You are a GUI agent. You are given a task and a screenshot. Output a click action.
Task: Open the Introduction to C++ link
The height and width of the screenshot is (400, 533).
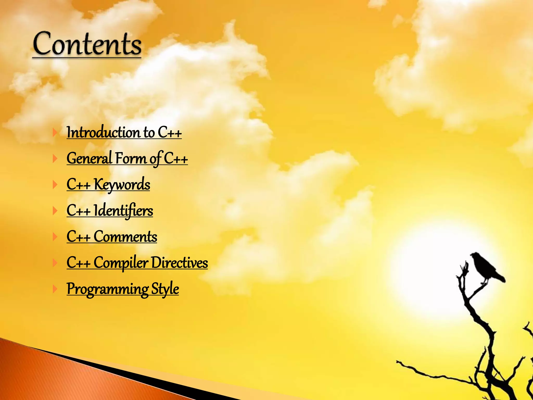pos(124,132)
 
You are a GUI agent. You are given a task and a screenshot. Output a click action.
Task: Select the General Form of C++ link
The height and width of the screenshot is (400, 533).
pos(127,158)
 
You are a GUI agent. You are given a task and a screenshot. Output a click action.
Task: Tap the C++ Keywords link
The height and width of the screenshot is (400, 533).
pos(108,184)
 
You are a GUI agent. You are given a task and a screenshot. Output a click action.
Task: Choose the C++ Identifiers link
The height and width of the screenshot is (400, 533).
pos(110,210)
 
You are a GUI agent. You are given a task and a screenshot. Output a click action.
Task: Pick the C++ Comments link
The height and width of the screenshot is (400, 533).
pos(112,236)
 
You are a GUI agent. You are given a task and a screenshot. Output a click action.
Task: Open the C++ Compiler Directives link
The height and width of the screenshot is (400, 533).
pos(137,262)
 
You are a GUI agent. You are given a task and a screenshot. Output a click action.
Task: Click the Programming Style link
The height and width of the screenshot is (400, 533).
pos(123,289)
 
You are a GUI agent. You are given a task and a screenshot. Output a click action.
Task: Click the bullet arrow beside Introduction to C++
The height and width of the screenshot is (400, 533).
pos(55,133)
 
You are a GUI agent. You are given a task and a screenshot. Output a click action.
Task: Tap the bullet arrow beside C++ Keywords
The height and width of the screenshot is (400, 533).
pos(55,185)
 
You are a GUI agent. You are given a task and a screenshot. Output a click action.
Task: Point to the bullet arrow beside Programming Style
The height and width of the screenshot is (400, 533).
pos(55,289)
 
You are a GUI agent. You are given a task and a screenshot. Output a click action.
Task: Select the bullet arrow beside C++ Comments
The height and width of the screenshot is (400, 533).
pos(55,237)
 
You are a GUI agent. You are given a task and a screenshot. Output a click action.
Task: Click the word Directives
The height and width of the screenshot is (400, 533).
pos(179,262)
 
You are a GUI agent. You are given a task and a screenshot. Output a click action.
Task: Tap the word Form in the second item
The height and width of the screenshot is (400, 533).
pos(131,158)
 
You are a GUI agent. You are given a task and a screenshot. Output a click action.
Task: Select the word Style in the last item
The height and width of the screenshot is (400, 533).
pos(165,289)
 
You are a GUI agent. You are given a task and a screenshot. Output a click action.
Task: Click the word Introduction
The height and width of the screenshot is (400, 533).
pos(103,132)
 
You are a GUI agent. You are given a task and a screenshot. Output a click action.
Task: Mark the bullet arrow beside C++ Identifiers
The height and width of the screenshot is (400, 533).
pos(55,211)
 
